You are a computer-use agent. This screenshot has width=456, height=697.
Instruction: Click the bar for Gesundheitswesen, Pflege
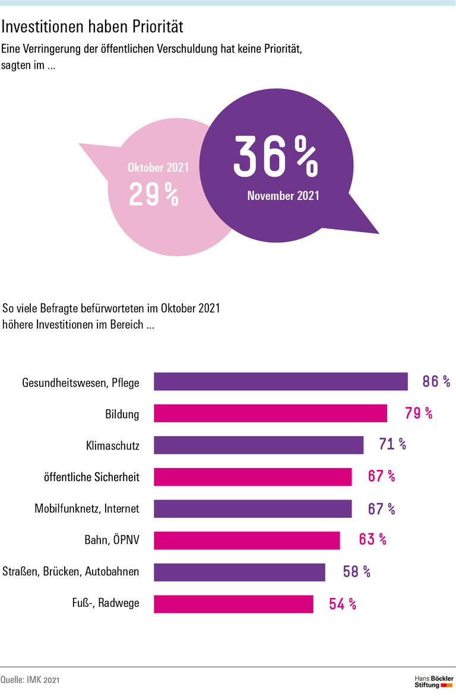point(280,381)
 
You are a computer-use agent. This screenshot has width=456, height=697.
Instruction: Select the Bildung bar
point(270,413)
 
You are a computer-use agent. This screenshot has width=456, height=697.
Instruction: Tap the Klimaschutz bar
point(258,445)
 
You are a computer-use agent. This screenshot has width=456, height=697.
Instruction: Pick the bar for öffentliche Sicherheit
point(252,477)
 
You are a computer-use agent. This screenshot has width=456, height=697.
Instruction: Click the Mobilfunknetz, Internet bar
point(252,508)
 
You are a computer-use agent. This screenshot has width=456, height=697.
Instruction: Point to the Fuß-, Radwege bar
point(233,604)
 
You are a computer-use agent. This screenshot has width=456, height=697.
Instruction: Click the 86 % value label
point(436,381)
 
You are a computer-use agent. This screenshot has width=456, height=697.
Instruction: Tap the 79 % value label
point(419,413)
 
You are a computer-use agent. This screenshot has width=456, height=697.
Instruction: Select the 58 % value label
point(356,572)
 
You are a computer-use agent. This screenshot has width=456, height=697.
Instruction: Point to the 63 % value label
point(372,540)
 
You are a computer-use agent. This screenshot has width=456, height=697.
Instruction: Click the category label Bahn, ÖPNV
point(112,540)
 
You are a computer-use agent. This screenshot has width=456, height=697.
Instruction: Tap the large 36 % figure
point(275,157)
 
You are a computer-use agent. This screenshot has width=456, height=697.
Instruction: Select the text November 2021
point(283,196)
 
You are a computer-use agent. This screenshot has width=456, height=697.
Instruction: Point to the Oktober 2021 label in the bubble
point(158,168)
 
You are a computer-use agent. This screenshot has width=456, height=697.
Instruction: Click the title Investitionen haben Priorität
point(93,27)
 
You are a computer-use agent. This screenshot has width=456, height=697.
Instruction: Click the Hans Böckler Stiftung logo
point(433,681)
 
